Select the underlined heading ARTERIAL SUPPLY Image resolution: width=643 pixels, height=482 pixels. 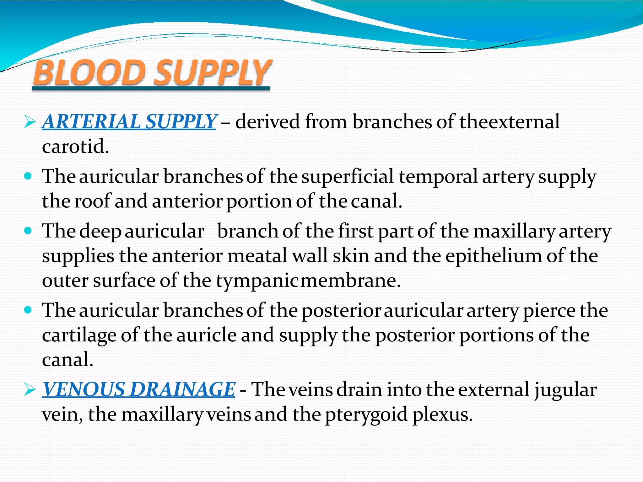(x=129, y=121)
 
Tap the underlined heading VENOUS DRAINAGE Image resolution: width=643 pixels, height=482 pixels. (x=138, y=389)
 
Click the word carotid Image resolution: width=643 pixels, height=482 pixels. (x=75, y=146)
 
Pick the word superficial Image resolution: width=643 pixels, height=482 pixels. (x=348, y=176)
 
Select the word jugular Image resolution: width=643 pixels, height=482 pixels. (x=565, y=390)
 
